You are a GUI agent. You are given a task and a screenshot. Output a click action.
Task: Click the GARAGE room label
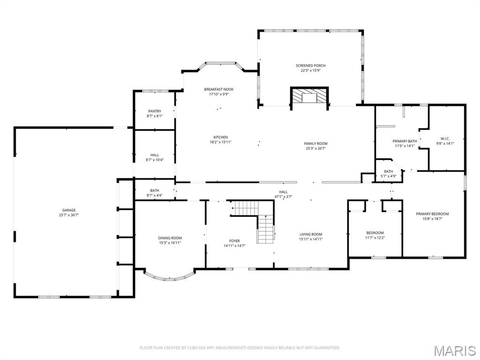(x=69, y=210)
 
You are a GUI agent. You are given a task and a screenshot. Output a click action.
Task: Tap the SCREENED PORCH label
(x=310, y=66)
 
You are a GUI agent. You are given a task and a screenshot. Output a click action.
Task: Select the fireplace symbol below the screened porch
(x=309, y=97)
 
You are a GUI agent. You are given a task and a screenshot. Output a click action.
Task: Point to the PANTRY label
(x=155, y=111)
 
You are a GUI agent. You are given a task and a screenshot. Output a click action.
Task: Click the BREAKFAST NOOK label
(x=218, y=89)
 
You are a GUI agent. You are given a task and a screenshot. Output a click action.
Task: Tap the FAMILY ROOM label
(x=316, y=143)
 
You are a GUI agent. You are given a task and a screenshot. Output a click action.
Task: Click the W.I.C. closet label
(x=445, y=138)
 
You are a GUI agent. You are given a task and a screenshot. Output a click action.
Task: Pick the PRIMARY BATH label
(x=405, y=141)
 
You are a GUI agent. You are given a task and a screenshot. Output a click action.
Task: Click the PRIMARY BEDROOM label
(x=432, y=214)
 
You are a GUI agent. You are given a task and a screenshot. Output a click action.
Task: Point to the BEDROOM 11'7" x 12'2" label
(x=375, y=233)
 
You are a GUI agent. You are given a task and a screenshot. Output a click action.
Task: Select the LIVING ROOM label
(x=311, y=234)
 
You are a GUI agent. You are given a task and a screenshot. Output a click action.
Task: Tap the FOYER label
(x=234, y=241)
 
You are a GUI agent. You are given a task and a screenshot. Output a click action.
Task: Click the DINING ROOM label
(x=170, y=238)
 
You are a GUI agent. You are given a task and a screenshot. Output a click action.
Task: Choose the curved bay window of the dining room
(x=169, y=277)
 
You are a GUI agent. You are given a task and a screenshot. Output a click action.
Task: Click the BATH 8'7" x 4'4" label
(x=155, y=190)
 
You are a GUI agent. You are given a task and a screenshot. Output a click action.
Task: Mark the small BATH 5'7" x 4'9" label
(x=389, y=171)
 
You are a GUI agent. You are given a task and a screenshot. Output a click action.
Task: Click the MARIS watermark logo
(x=455, y=350)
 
